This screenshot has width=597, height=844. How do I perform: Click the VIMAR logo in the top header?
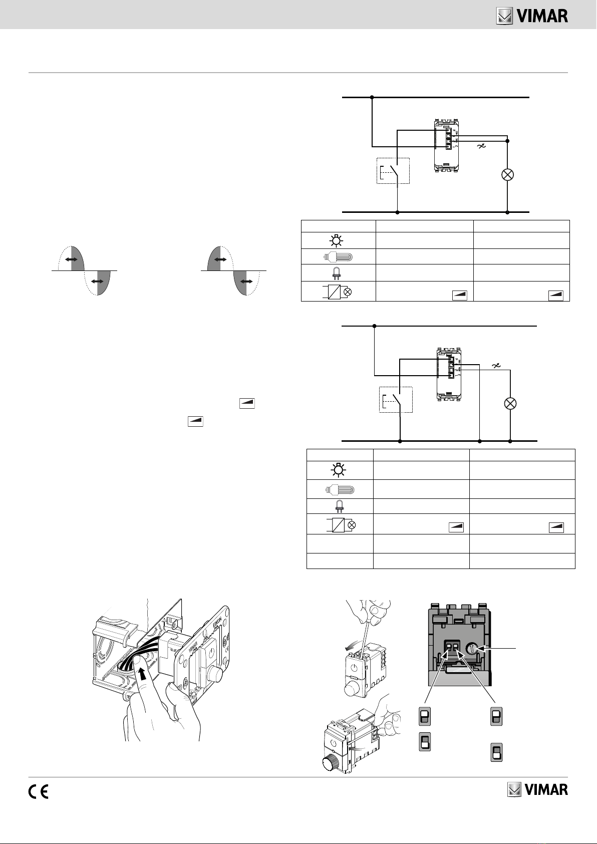(532, 17)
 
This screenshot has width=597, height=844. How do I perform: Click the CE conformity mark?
(38, 791)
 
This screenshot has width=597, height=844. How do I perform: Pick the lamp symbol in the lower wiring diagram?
(510, 403)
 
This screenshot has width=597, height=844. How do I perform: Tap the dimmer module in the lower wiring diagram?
(450, 372)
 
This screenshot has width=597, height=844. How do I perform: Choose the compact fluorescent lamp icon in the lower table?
(339, 489)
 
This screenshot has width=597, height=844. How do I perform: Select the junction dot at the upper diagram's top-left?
(372, 97)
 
